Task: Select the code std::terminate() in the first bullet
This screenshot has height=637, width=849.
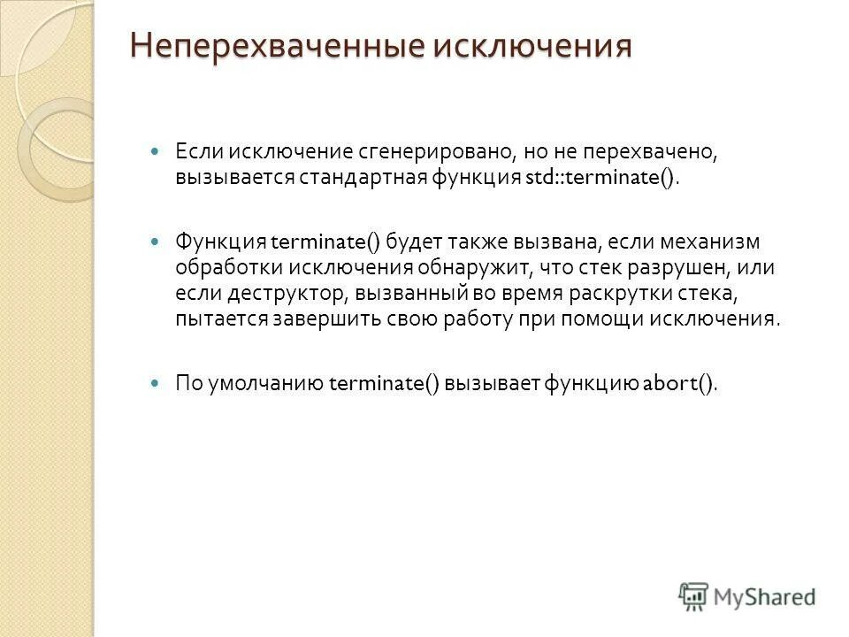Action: coord(601,177)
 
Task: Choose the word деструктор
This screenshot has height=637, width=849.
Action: coord(270,293)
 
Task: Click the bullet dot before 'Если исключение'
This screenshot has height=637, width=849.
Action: coord(157,152)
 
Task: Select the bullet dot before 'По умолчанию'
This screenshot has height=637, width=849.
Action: coord(157,383)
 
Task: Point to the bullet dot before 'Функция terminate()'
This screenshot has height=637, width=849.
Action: coord(157,242)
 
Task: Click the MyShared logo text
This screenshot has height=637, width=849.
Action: coord(766,596)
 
